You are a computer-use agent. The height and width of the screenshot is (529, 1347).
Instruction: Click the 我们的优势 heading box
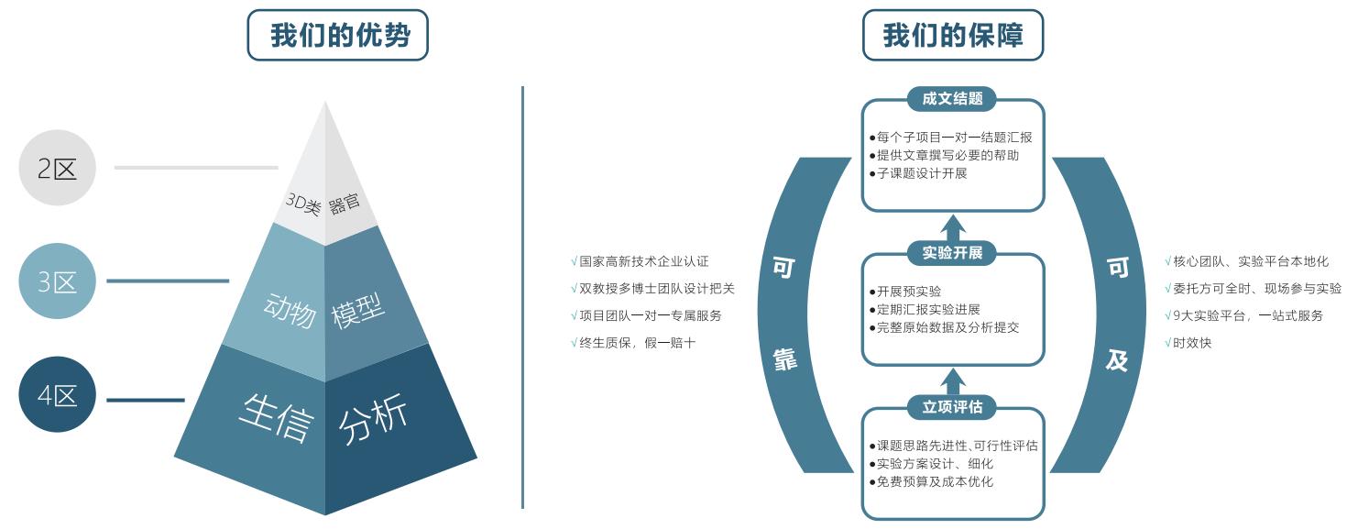[x=338, y=36]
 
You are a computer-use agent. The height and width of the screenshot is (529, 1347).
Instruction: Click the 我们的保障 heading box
[x=952, y=36]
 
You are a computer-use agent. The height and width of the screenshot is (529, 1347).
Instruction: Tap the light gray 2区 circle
[x=58, y=168]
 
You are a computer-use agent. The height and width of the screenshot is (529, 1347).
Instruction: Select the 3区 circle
[x=58, y=281]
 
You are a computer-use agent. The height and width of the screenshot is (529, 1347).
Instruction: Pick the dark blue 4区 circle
[x=58, y=395]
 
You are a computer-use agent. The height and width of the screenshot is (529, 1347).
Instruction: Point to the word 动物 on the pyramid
[x=290, y=311]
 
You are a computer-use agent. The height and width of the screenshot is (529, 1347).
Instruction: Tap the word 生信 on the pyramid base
[x=275, y=417]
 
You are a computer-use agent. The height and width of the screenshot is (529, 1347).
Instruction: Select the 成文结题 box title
[x=952, y=98]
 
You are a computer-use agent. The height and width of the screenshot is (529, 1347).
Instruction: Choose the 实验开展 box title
[x=952, y=252]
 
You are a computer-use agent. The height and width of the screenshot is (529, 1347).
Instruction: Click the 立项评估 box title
[x=952, y=406]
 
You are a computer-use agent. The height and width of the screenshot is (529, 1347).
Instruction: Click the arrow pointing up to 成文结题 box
[x=953, y=226]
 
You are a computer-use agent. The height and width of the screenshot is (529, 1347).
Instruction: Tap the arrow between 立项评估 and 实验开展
[x=953, y=380]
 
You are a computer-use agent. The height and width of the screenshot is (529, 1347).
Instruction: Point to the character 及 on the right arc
[x=1116, y=359]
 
